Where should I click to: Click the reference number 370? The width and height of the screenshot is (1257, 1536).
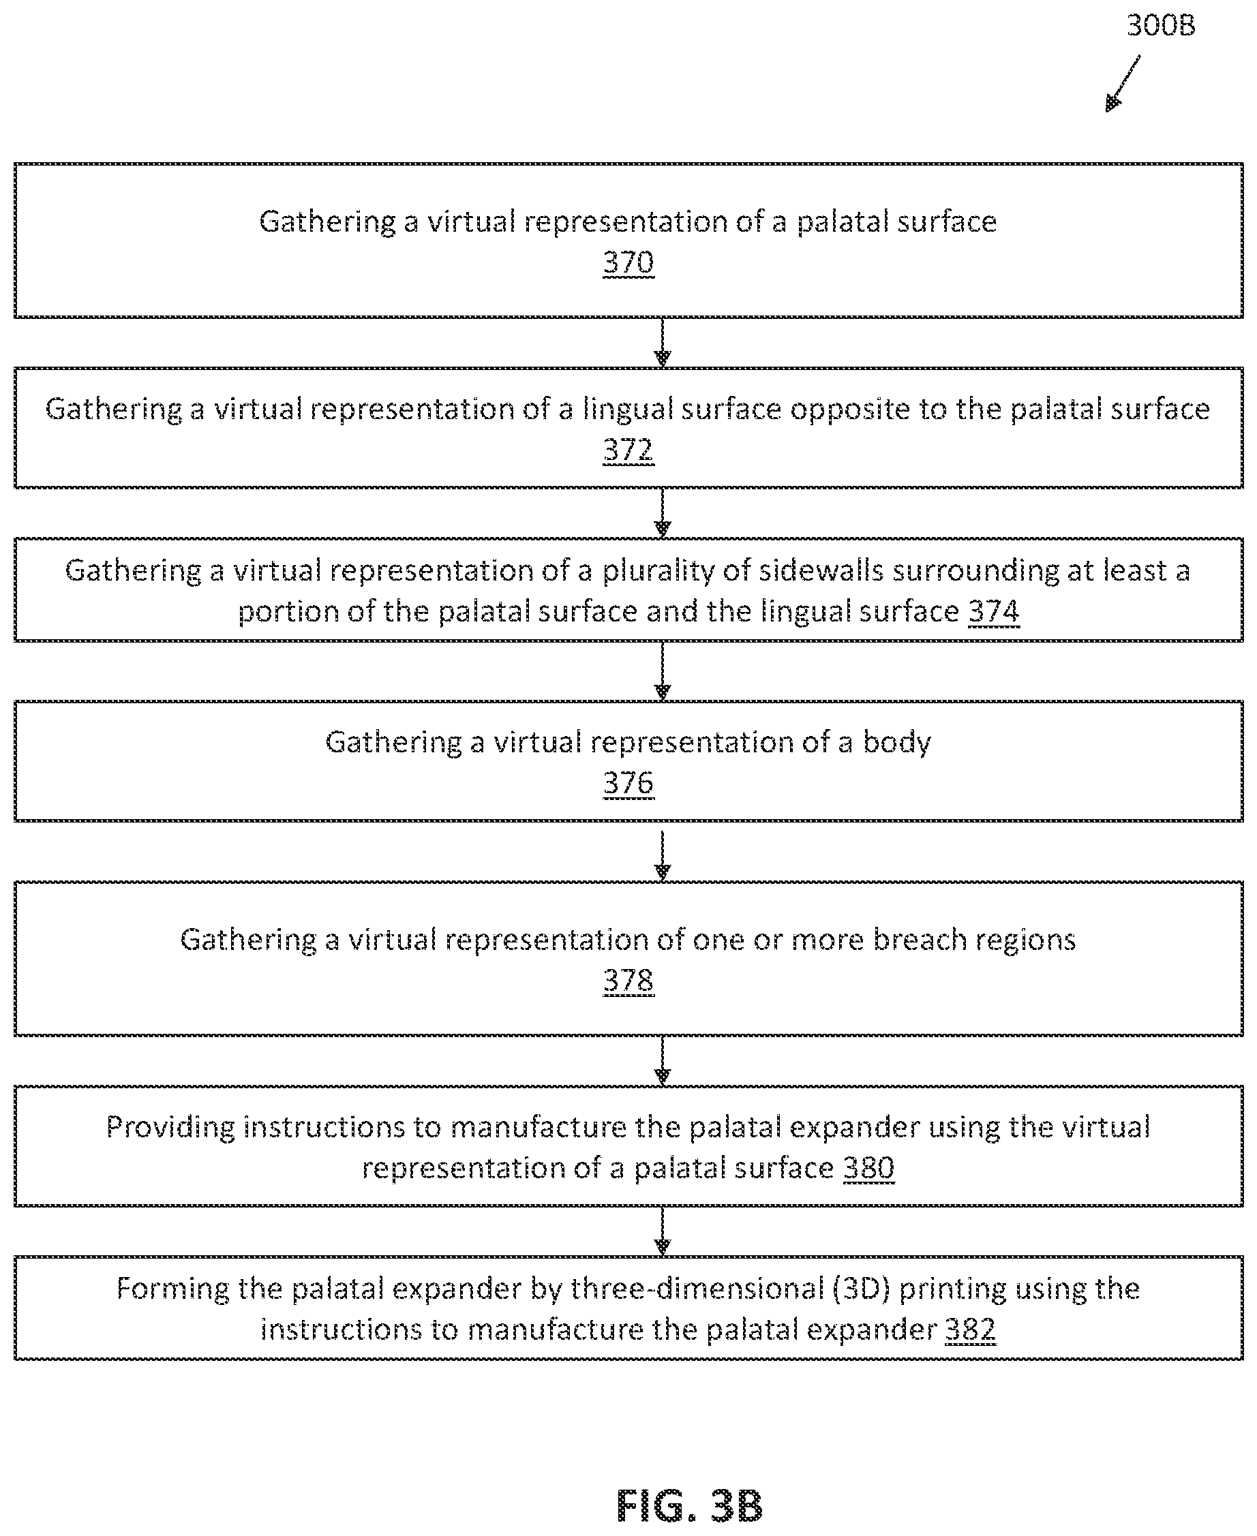click(628, 262)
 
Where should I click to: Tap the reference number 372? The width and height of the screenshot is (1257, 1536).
click(628, 450)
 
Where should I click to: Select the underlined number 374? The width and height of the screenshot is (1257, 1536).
click(994, 612)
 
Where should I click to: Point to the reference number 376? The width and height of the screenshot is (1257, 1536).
click(628, 783)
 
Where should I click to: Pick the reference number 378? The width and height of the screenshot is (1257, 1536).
click(628, 981)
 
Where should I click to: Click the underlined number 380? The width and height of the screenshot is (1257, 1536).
click(869, 1168)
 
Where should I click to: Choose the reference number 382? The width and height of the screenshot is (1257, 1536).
click(971, 1330)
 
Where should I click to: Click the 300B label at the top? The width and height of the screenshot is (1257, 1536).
click(1161, 26)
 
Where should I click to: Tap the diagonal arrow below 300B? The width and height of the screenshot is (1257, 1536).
click(1123, 83)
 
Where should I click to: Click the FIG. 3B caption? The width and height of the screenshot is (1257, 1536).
click(689, 1506)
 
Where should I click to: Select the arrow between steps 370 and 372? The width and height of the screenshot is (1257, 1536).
click(663, 342)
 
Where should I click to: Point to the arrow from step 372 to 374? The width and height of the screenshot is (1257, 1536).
click(663, 512)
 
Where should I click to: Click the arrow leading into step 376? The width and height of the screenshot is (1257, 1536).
click(663, 671)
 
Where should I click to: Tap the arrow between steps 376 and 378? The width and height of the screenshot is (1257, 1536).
click(663, 857)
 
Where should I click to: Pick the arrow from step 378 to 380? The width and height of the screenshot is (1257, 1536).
click(663, 1061)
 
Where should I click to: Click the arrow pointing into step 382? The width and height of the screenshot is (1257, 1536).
click(663, 1231)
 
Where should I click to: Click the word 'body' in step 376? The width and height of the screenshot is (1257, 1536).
click(896, 743)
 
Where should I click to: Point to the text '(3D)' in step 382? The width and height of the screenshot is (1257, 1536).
click(861, 1289)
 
